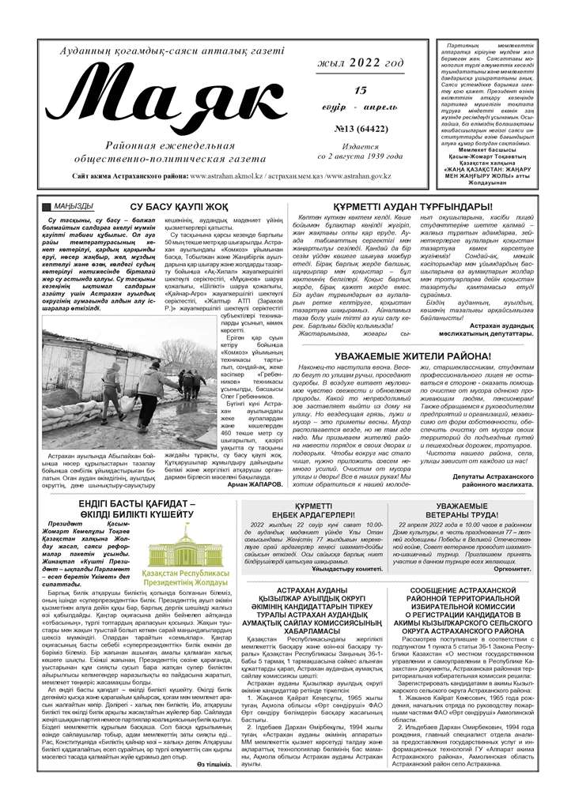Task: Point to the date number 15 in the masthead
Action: coord(361,92)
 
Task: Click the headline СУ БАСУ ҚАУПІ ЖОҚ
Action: coord(180,207)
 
